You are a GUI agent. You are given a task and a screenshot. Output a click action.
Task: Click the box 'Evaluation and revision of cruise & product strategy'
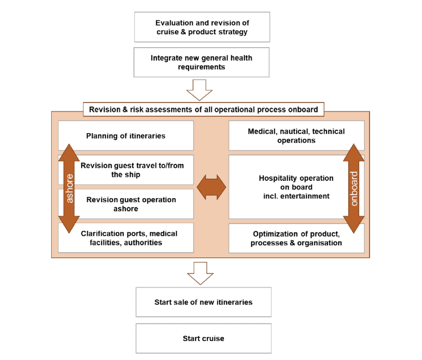coord(202,27)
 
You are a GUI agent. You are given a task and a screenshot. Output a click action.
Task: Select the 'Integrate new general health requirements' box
coord(202,62)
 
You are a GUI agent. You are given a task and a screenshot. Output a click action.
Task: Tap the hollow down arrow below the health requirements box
coord(199,90)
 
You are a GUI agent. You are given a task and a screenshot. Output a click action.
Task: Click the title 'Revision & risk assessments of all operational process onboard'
coord(203,109)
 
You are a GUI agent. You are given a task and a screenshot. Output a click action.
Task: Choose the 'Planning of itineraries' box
coord(126,135)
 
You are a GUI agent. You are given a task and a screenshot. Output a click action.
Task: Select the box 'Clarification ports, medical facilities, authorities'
coord(126,238)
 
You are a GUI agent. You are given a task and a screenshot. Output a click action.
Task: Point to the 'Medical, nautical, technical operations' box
coord(296,135)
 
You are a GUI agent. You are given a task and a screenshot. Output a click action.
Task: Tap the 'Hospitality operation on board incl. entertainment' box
coord(296,187)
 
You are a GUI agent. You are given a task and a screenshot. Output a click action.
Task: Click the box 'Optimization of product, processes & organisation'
coord(296,238)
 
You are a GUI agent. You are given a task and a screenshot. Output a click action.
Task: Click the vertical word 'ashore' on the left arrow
coord(69,189)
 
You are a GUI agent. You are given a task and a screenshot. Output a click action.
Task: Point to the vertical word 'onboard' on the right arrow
coord(354,189)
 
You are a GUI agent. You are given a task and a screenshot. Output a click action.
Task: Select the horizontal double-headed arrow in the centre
coord(211,187)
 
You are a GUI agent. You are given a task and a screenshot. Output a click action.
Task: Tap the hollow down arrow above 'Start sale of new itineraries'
coord(200,273)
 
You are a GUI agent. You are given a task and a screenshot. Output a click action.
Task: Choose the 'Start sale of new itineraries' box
coord(203,302)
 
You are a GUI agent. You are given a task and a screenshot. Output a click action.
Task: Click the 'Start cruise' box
coord(203,338)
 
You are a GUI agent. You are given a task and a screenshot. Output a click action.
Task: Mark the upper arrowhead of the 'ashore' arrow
coord(69,153)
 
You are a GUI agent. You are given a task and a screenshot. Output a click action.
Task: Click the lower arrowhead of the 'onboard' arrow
coord(354,224)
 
